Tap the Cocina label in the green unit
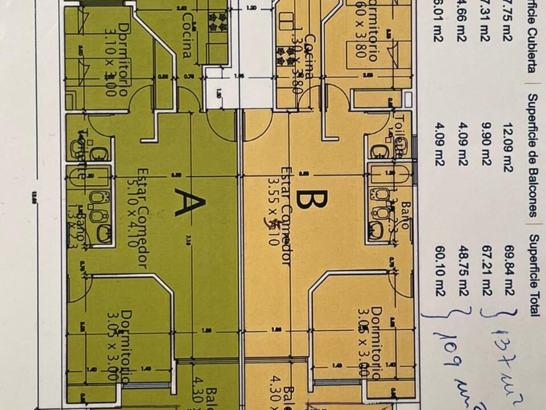[x=186, y=35]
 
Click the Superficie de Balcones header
[x=531, y=155]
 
